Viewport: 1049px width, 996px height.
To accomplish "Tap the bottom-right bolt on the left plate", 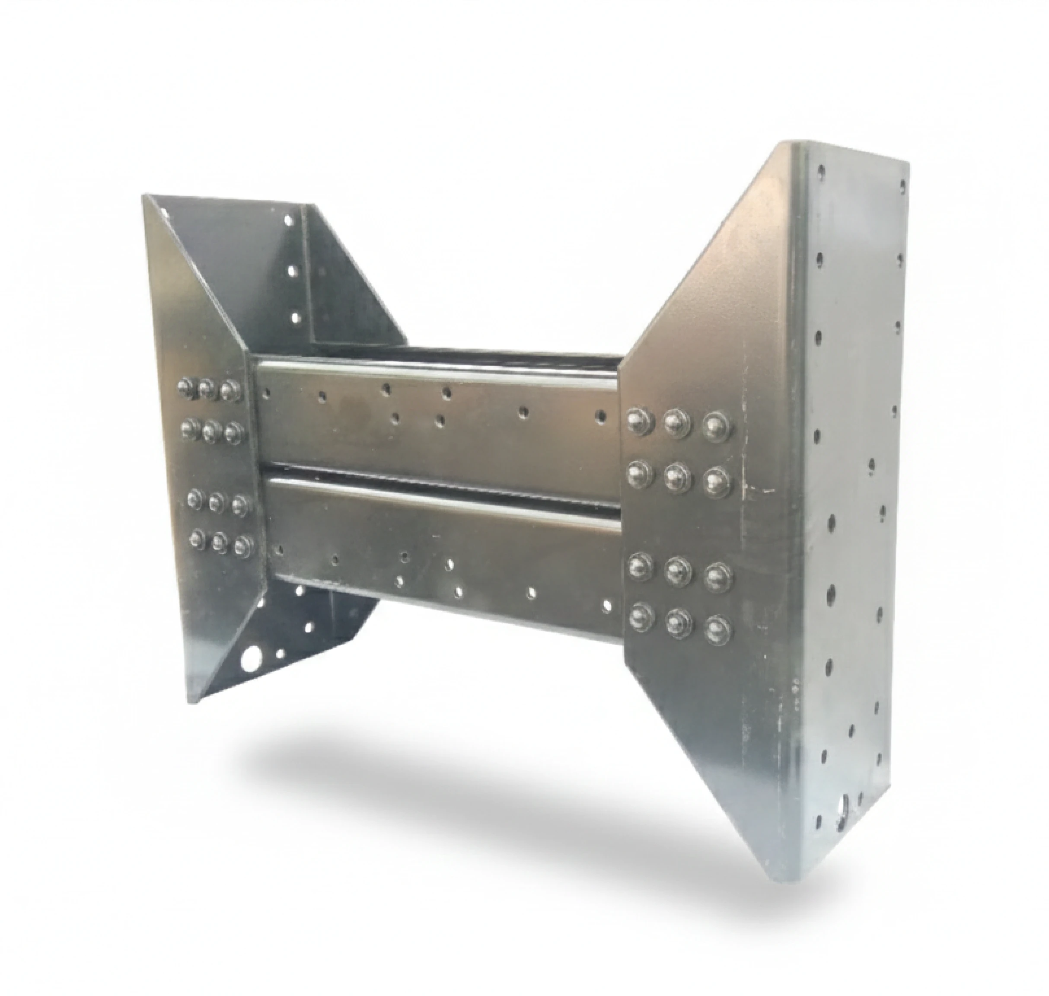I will pyautogui.click(x=243, y=544).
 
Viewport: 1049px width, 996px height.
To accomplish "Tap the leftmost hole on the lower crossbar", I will pyautogui.click(x=279, y=549).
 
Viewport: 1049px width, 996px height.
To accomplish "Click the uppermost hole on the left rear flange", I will pyautogui.click(x=289, y=219).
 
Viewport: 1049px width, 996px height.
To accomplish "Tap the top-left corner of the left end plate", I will pyautogui.click(x=143, y=195).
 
